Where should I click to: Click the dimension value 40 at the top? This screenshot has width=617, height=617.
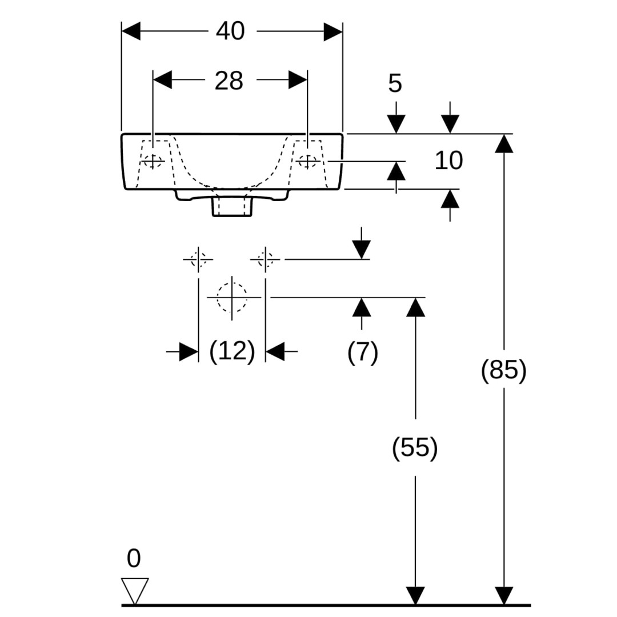point(230,31)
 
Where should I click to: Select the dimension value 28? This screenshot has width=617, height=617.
point(229,81)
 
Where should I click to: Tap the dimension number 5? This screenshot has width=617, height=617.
point(395,83)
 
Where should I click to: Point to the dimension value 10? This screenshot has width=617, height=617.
point(448,161)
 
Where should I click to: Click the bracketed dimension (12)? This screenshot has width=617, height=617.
point(231,351)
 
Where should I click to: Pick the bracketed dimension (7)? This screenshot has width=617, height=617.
point(362,352)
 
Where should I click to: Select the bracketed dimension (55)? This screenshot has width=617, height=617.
point(415,447)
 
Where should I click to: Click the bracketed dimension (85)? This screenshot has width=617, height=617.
point(503,370)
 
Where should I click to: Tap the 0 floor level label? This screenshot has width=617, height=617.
point(133,558)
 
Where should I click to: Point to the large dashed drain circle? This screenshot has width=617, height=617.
point(232,297)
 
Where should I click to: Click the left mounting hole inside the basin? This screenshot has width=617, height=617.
point(153,162)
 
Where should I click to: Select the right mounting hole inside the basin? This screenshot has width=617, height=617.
point(308,162)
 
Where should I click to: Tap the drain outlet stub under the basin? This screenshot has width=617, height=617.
point(232,206)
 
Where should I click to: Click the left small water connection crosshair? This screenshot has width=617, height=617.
point(198,259)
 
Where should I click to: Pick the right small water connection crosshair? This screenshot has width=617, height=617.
point(265,259)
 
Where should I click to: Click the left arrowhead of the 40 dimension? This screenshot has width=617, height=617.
point(131,31)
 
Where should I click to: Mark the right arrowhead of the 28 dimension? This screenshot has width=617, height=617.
point(298,81)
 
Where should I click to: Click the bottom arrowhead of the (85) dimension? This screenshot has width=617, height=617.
point(503,595)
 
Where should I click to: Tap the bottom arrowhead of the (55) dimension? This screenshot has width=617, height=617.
point(415,595)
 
